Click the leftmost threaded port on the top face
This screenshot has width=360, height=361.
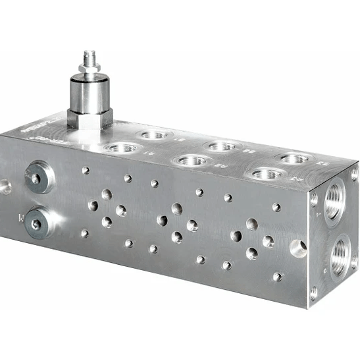tap(122, 148)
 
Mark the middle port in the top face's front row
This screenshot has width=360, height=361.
tap(192, 160)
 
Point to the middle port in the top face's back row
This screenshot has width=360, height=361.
tap(222, 146)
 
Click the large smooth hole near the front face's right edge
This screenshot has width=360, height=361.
tap(298, 248)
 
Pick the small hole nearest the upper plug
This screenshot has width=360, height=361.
tap(86, 170)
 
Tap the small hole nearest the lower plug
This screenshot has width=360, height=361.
tap(84, 233)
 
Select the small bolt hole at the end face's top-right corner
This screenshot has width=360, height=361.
tap(354, 174)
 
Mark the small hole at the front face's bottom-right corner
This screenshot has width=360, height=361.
tap(278, 277)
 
